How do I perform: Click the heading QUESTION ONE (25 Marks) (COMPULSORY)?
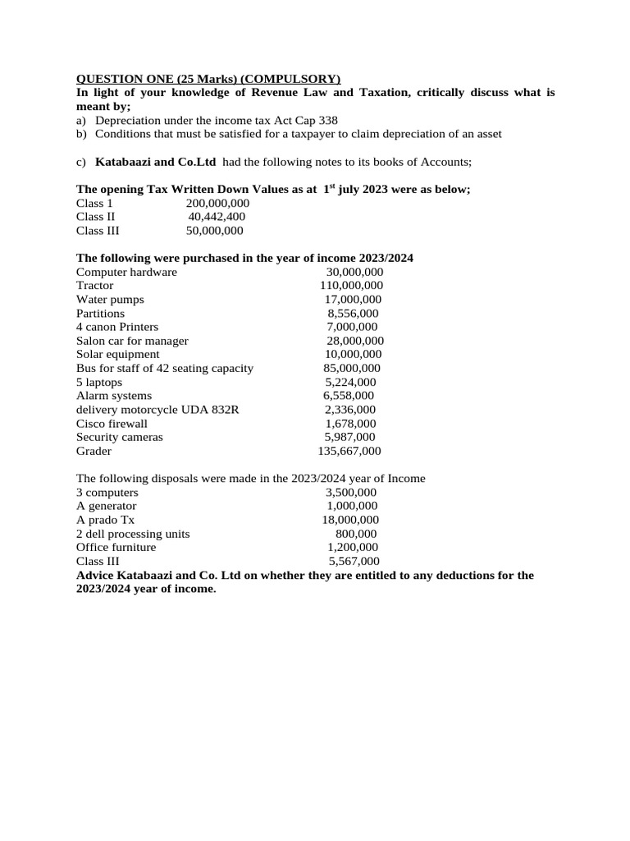coord(208,79)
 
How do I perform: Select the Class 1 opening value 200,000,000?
coord(212,203)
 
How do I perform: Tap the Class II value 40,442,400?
coord(217,217)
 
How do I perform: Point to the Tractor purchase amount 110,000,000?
coord(351,286)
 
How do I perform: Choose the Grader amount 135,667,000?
coord(349,451)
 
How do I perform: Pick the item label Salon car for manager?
coord(132,341)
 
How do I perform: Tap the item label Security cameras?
coord(119,437)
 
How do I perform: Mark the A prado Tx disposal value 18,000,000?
coord(350,520)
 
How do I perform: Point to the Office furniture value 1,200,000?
coord(353,547)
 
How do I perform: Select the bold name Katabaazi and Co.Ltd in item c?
coord(156,162)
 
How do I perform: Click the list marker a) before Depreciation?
coord(82,120)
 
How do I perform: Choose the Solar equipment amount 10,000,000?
coord(354,355)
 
